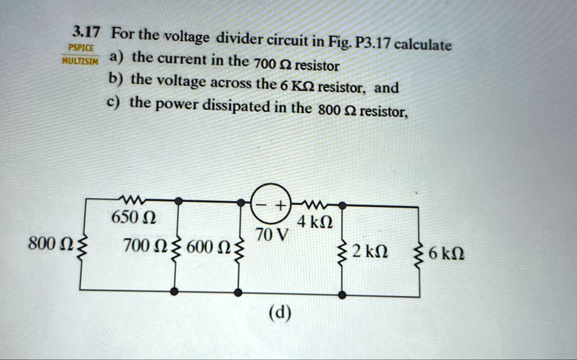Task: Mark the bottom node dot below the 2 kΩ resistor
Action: point(343,294)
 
